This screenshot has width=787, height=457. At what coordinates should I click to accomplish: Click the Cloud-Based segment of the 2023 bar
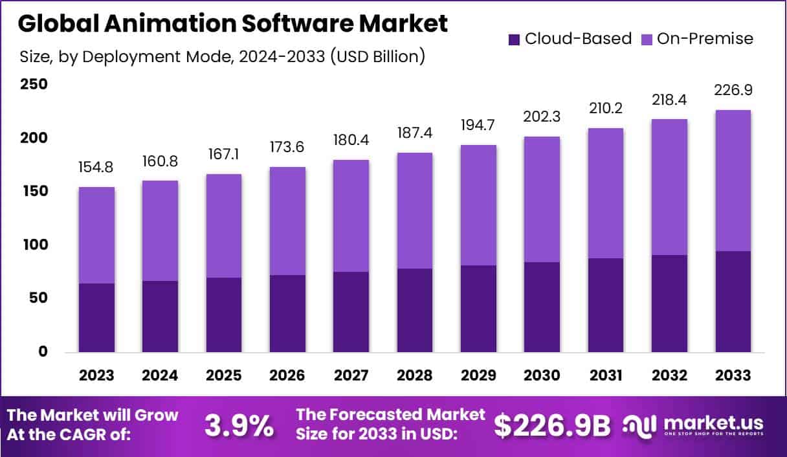click(x=96, y=318)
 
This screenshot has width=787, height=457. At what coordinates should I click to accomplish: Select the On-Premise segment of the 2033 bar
click(x=733, y=181)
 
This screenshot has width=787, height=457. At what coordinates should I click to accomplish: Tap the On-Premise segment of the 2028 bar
click(x=415, y=210)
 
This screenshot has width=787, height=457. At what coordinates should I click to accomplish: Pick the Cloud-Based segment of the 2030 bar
click(x=542, y=307)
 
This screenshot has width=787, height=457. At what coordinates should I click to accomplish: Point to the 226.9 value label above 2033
click(x=733, y=89)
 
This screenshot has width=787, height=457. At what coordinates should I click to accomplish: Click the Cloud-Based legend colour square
click(x=515, y=39)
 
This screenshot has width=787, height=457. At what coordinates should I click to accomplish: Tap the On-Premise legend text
click(x=705, y=39)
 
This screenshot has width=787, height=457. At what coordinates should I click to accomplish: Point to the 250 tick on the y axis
click(x=34, y=85)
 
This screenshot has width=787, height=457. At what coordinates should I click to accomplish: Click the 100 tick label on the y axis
click(x=34, y=245)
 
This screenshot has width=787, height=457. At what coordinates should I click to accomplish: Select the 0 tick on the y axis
click(x=43, y=351)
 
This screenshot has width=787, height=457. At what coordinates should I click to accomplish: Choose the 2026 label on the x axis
click(x=287, y=375)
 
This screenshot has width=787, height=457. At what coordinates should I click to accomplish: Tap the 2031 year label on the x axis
click(x=606, y=375)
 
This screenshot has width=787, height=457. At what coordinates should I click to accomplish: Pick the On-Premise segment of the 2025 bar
click(x=224, y=226)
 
